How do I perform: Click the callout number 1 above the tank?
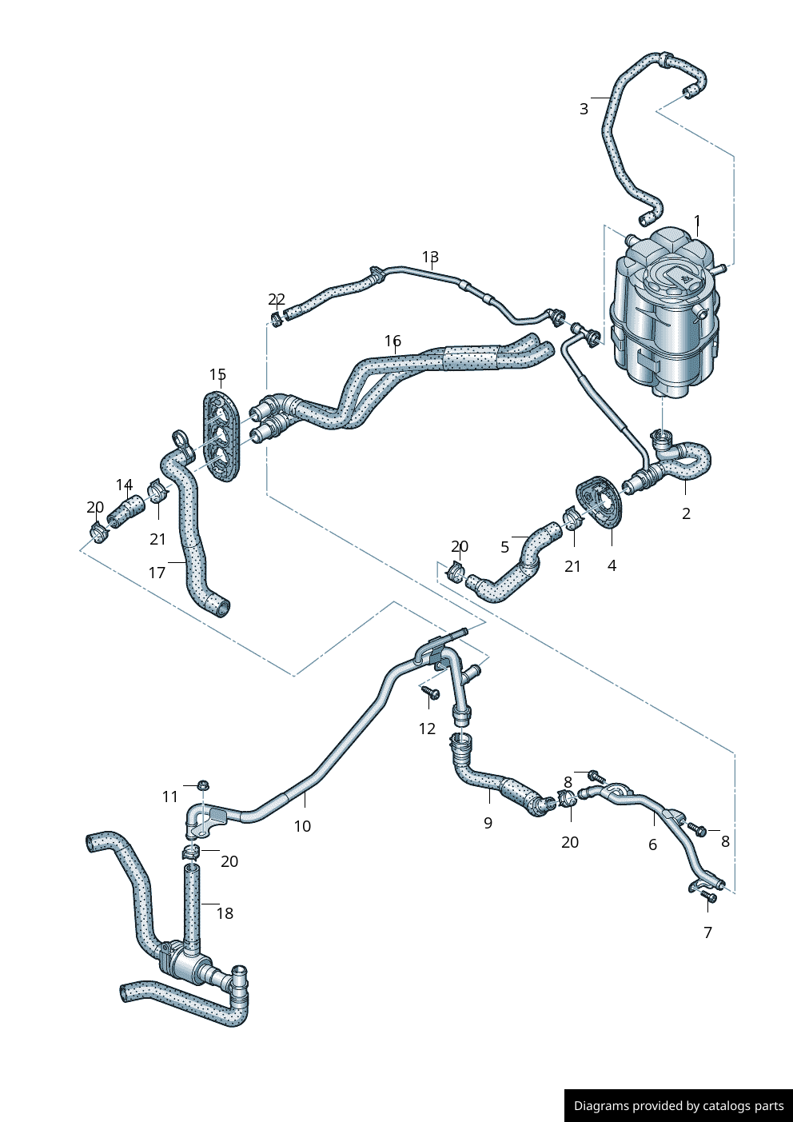click(x=697, y=221)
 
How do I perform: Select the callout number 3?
click(x=584, y=109)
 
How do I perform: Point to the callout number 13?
click(x=430, y=257)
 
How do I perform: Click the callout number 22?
click(x=277, y=299)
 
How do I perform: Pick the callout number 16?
click(x=393, y=341)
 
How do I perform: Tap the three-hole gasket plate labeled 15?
click(x=220, y=437)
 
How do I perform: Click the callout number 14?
click(x=124, y=485)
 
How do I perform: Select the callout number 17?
click(x=157, y=572)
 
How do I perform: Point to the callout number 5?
click(x=504, y=547)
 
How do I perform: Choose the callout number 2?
click(x=686, y=513)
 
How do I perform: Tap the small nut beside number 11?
click(x=203, y=785)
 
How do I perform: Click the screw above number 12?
click(x=431, y=693)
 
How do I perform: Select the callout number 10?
click(x=302, y=826)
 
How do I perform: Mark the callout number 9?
click(x=488, y=822)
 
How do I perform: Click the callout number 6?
click(x=652, y=844)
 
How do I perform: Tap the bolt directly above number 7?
click(x=708, y=898)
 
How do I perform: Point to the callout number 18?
click(x=225, y=913)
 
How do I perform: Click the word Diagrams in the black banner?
click(x=601, y=1106)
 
